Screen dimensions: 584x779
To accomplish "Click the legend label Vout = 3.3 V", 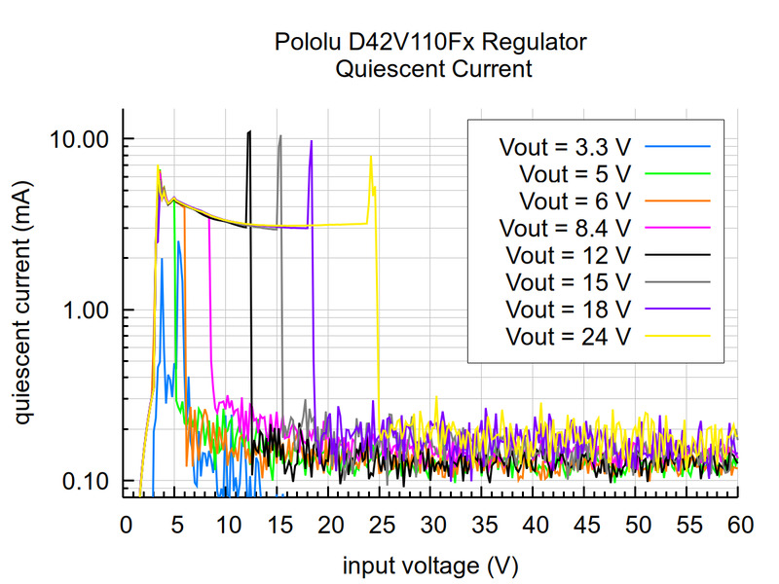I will tap(565, 148).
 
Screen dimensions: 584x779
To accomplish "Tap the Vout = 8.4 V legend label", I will tap(565, 229).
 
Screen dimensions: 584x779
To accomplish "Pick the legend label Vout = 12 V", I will tap(570, 256).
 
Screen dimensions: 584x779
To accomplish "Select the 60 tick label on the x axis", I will tap(739, 527).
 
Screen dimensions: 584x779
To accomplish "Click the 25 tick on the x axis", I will tap(381, 527).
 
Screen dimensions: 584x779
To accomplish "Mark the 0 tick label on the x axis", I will tap(125, 527).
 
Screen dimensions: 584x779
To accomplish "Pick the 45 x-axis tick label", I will tap(585, 527).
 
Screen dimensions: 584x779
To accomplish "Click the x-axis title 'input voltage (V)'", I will tap(431, 565).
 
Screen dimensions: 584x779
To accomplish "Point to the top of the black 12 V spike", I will tap(250, 131).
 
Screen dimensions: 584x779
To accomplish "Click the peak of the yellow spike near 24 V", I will tap(370, 157).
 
